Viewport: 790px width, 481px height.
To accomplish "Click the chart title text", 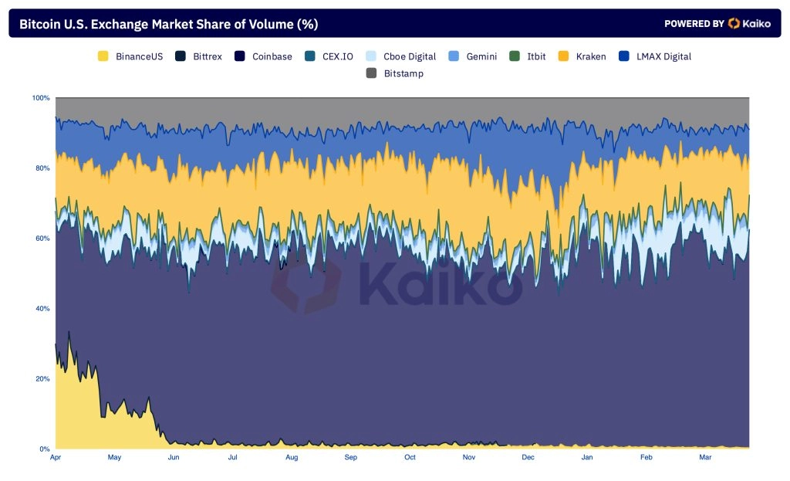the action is click(x=168, y=24).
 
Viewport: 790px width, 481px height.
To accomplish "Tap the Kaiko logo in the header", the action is click(x=749, y=23).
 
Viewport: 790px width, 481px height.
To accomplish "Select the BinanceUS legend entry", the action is click(x=130, y=56).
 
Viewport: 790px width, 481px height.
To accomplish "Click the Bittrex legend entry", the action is click(x=198, y=56).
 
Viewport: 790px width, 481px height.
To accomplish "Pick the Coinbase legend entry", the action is click(x=263, y=56).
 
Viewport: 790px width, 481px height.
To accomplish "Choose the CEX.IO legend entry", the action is click(x=329, y=56).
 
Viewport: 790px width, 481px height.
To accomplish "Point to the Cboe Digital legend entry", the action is click(x=401, y=56).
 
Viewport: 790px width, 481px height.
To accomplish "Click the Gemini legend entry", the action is click(x=473, y=56).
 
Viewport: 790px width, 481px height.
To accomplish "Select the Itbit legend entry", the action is click(x=528, y=56).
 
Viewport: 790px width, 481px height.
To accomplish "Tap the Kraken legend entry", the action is click(x=582, y=56).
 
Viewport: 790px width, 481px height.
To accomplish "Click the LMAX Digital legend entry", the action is click(x=655, y=56).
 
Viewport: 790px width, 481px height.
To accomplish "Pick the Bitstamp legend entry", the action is click(x=394, y=73).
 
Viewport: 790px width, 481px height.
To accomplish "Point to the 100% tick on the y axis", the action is click(x=41, y=98).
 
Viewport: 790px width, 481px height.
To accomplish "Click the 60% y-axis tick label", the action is click(x=43, y=239).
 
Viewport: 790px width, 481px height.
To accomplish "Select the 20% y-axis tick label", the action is click(x=43, y=378).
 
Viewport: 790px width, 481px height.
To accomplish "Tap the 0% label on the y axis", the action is click(x=45, y=449).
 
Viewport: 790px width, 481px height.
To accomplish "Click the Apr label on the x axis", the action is click(x=56, y=457).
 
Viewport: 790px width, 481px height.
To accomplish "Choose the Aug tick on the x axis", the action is click(x=292, y=457).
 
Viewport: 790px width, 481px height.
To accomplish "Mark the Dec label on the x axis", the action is click(x=528, y=457).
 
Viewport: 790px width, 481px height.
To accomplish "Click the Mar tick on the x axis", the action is click(x=705, y=457).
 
